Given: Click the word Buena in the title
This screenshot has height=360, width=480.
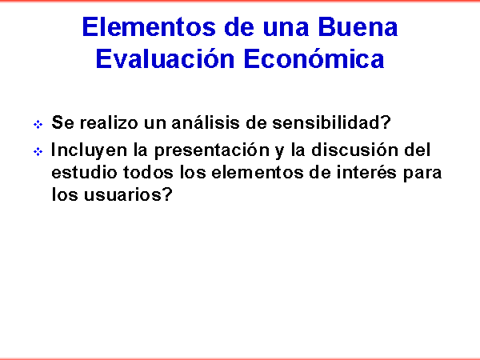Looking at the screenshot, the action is click(x=358, y=27).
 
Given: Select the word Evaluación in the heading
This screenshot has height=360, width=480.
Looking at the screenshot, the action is click(x=165, y=58).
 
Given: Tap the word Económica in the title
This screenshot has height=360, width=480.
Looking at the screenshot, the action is click(x=314, y=58).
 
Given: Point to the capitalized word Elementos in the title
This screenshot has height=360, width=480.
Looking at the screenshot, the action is click(x=149, y=27).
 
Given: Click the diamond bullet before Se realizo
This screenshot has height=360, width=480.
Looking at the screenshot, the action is click(x=38, y=124).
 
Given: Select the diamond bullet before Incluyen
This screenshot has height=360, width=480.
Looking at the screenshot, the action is click(x=38, y=151).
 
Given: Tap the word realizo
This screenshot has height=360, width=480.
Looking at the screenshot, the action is click(x=109, y=122).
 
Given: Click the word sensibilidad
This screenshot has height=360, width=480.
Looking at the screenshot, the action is click(x=331, y=122).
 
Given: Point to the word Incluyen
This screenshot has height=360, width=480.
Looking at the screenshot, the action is click(x=89, y=150).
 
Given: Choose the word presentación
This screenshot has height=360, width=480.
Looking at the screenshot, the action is click(x=212, y=150).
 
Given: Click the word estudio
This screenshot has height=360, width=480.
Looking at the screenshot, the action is click(x=84, y=172).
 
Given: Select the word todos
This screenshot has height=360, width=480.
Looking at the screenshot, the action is click(x=148, y=172).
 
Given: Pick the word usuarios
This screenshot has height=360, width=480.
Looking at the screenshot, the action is click(x=124, y=194).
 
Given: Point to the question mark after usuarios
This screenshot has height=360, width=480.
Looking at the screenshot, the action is click(x=168, y=194).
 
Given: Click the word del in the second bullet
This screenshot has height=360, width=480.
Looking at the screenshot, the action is click(x=418, y=150).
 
